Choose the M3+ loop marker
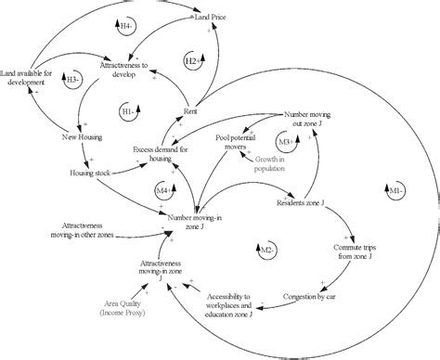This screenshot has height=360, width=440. (285, 141)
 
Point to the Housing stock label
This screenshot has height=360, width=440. (90, 173)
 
